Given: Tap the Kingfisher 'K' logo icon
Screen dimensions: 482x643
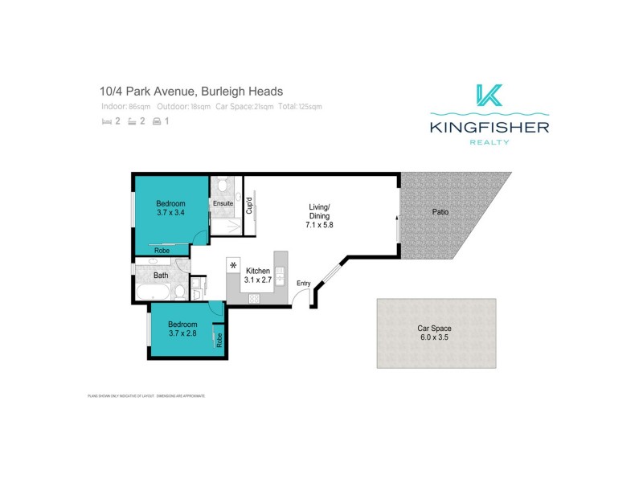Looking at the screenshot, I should tap(489, 96).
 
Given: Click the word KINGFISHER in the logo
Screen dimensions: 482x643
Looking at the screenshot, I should tap(489, 127).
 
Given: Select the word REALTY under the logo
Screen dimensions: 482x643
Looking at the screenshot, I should tap(489, 142).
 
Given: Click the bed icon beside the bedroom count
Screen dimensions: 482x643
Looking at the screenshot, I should tap(106, 122).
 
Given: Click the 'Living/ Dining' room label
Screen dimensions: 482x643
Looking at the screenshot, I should tap(319, 216).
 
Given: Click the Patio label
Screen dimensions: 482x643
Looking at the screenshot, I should tap(439, 213).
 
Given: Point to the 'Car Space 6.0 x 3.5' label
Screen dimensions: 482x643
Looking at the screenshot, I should tap(434, 333).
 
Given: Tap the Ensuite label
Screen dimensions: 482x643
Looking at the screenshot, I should tap(223, 204).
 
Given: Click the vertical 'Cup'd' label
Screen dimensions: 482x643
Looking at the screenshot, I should tap(249, 206).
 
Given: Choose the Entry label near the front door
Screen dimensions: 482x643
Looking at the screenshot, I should tap(303, 283).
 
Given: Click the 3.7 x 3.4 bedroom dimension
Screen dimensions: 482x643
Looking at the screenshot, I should tap(170, 213).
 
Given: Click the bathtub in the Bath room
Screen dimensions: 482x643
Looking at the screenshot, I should tap(153, 292).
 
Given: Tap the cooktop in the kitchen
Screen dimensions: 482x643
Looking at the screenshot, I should tap(256, 298).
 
